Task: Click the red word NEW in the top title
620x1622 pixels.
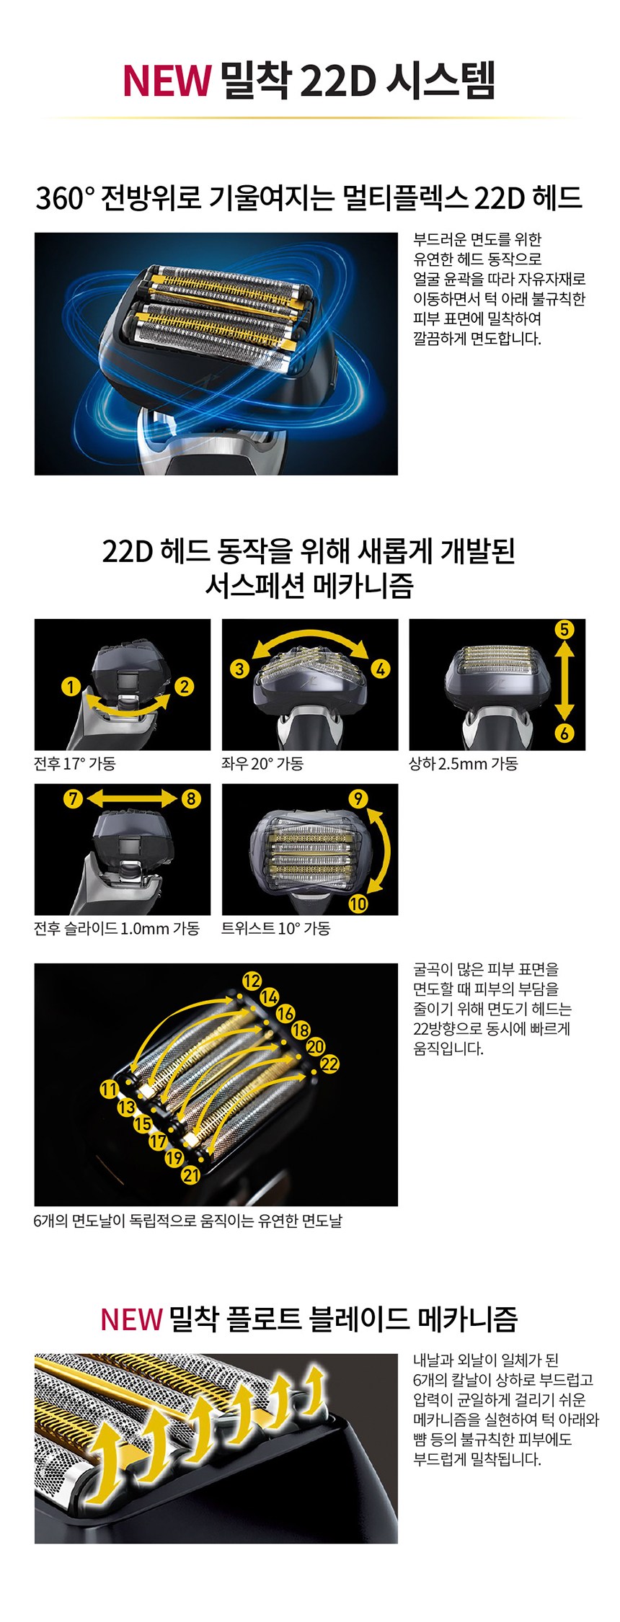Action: click(x=167, y=80)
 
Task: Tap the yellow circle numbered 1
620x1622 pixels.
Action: click(x=71, y=686)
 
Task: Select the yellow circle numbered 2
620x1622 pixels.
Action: click(x=185, y=686)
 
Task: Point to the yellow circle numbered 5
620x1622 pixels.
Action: click(x=564, y=630)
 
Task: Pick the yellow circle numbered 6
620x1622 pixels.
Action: click(x=564, y=734)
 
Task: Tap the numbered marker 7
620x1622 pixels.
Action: click(x=73, y=799)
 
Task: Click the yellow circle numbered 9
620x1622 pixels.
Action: click(x=358, y=798)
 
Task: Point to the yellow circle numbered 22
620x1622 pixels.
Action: click(x=329, y=1064)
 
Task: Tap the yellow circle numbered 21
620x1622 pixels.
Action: click(x=191, y=1175)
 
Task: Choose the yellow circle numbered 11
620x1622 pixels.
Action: click(x=109, y=1089)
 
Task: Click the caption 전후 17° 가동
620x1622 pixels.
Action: click(x=74, y=764)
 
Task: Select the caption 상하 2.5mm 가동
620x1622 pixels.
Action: click(x=464, y=764)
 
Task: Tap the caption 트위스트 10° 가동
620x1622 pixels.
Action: click(x=276, y=929)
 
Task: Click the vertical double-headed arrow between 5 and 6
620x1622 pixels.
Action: click(x=564, y=682)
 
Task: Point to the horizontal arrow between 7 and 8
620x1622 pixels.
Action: click(x=132, y=799)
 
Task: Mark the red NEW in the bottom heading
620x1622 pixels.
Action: click(x=131, y=1319)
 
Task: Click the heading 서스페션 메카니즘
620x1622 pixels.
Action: click(x=309, y=586)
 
